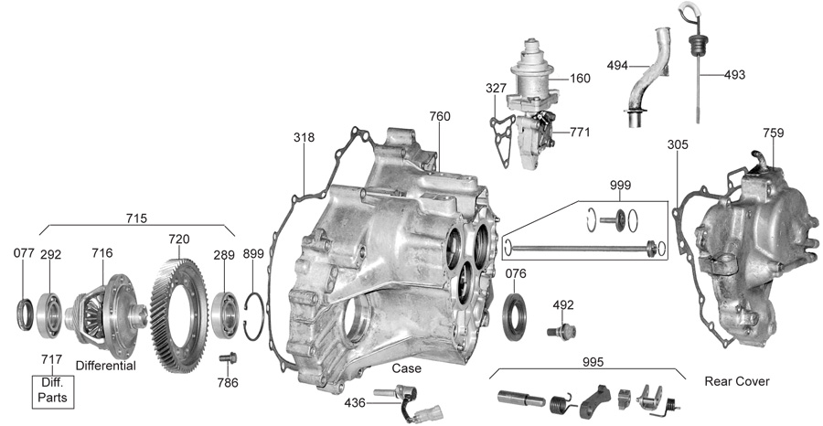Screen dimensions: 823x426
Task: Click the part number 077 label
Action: [x=24, y=253]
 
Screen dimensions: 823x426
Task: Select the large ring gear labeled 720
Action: [x=179, y=315]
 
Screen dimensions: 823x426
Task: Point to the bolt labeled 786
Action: [x=228, y=358]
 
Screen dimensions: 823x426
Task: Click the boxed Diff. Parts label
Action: [x=52, y=391]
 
